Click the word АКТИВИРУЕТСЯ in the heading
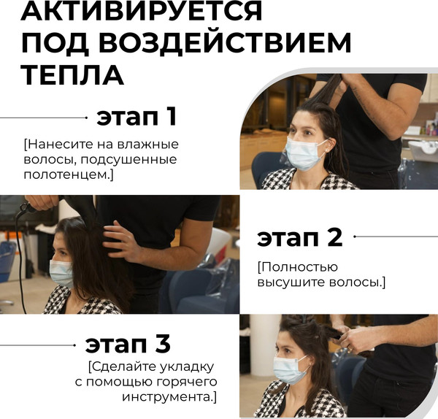click(142, 11)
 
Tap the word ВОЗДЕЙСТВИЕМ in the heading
click(225, 43)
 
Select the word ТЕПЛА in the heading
click(72, 75)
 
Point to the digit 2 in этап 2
click(335, 237)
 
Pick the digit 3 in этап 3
click(163, 344)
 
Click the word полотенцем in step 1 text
click(67, 175)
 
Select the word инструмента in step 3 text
click(167, 397)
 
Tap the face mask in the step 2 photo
click(61, 272)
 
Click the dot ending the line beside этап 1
click(86, 118)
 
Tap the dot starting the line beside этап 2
click(355, 237)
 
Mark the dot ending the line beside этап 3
click(74, 345)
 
